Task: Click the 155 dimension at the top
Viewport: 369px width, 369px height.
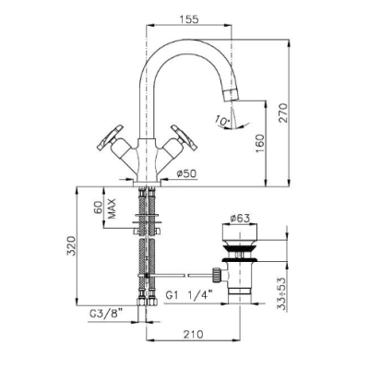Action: click(188, 19)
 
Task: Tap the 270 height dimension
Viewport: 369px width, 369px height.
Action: click(283, 113)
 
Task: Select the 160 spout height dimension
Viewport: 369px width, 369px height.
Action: click(259, 144)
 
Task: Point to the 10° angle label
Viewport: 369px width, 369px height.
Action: click(222, 120)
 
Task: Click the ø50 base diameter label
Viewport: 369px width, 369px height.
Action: click(186, 173)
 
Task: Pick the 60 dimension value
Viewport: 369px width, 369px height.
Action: click(98, 208)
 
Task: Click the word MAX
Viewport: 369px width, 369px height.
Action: click(112, 208)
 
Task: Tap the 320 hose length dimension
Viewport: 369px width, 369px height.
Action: click(71, 245)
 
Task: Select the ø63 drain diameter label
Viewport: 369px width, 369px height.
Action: click(240, 219)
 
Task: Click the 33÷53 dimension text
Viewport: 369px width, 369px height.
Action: click(282, 294)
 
